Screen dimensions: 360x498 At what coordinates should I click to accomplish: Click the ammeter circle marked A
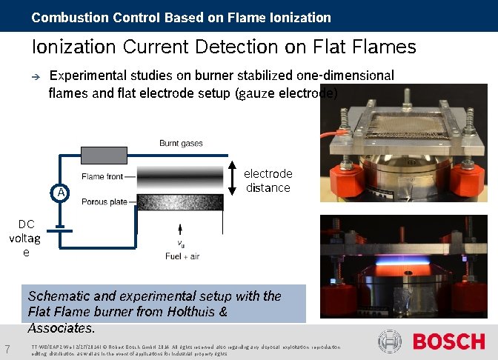click(61, 192)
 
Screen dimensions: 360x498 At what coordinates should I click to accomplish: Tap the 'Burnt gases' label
click(181, 143)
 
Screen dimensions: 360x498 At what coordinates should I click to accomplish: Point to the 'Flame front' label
click(102, 176)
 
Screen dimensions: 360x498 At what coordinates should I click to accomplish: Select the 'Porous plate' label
click(104, 201)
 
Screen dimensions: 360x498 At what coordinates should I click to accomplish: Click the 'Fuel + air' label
click(182, 256)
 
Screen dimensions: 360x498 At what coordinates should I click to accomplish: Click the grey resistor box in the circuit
click(103, 156)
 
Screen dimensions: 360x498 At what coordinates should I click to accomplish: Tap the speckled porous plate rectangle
click(181, 202)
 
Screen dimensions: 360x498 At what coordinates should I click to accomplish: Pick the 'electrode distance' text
click(268, 181)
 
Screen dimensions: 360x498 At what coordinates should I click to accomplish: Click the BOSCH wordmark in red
click(448, 341)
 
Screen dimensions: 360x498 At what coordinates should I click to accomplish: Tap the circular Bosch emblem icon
click(391, 341)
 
